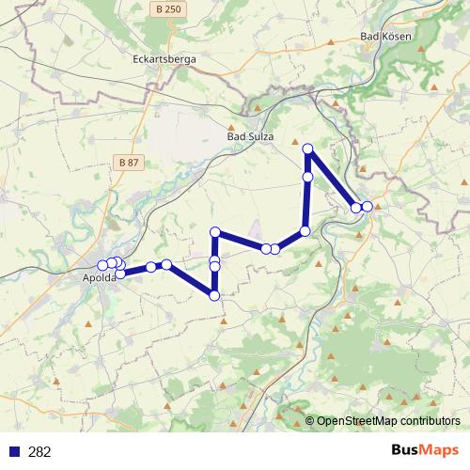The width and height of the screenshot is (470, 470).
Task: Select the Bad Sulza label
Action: point(250,136)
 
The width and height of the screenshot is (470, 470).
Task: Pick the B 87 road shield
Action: point(129,163)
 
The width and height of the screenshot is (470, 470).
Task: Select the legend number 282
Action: point(39,451)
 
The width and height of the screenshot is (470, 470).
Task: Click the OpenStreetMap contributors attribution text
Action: point(388,421)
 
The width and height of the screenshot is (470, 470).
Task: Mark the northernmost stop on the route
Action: point(307,149)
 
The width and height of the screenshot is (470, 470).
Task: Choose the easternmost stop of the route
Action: point(368,206)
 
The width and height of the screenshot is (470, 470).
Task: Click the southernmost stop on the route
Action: point(214,295)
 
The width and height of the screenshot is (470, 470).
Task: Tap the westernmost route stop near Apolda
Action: point(102,265)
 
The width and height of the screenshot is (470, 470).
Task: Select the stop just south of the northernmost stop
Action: point(307,177)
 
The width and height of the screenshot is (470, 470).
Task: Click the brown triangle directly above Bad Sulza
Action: point(233,122)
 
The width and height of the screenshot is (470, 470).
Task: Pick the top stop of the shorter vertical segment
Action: point(215,232)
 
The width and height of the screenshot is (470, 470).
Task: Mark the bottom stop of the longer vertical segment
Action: point(305,231)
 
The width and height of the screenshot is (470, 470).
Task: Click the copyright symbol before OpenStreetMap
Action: point(311,421)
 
